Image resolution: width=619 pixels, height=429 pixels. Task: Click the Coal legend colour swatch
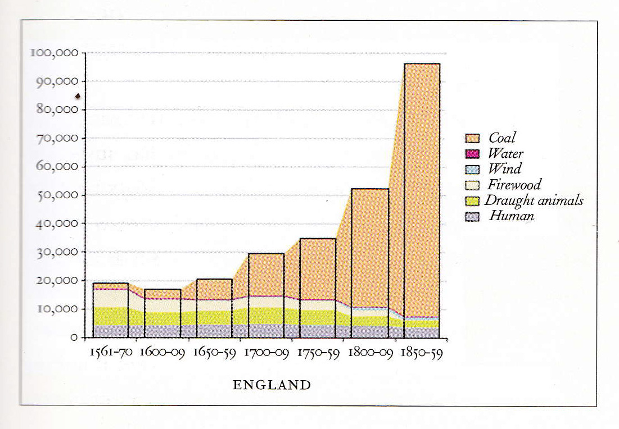point(472,138)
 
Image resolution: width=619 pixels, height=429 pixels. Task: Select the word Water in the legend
point(505,153)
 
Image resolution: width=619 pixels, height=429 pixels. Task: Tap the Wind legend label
point(504,168)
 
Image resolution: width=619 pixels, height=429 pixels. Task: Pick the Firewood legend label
point(514,184)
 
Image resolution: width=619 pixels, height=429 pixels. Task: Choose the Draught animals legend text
point(534,200)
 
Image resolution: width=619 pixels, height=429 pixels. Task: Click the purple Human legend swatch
point(472,216)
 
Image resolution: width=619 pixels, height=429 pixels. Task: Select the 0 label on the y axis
point(74,337)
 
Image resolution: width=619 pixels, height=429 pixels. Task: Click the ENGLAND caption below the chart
point(272,385)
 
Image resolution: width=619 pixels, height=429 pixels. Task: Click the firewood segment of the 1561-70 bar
point(110,298)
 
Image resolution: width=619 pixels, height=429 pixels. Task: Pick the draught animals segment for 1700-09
point(266,316)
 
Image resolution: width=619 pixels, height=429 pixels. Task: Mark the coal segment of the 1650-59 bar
point(214,289)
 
